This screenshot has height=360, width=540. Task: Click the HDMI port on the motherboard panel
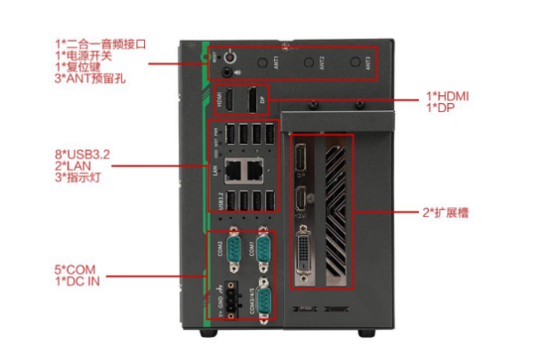coord(229,103)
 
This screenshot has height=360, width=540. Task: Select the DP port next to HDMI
coord(254,100)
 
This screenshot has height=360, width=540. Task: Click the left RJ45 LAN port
coord(233,167)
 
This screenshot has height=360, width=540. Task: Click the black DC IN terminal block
coord(230,302)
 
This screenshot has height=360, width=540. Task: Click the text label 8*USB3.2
coord(84,155)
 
